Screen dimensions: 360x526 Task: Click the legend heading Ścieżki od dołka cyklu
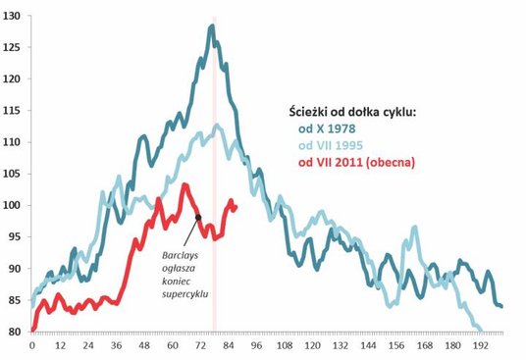(x=353, y=111)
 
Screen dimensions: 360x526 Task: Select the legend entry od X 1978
(x=327, y=128)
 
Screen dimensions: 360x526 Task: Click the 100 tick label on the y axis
(x=13, y=205)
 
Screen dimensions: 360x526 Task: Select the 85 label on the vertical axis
(x=15, y=300)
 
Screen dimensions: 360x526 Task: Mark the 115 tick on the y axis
(x=13, y=111)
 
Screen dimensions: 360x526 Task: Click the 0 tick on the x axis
(x=32, y=345)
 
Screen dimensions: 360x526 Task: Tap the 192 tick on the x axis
(x=481, y=345)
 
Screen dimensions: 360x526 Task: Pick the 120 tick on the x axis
(x=313, y=345)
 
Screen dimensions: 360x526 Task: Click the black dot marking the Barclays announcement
(x=198, y=218)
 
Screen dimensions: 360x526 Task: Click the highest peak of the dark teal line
(x=211, y=26)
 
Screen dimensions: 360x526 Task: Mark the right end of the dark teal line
(x=501, y=306)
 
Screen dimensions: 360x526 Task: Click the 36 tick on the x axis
(x=117, y=345)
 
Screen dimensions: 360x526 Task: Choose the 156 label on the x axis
(x=397, y=345)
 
